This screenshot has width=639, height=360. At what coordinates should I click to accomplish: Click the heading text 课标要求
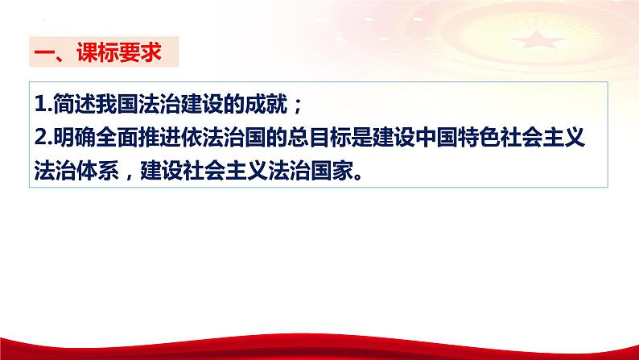pos(119,52)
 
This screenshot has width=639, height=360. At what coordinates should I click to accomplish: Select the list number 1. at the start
pos(43,104)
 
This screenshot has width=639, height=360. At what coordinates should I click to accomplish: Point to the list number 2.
pos(43,137)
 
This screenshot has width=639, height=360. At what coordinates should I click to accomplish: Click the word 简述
pos(75,104)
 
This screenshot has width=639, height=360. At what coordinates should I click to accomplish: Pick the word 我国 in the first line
pos(117,104)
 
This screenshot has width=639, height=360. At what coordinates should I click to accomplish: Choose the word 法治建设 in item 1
pos(180,104)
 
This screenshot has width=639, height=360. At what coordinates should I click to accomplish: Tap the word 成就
pos(266,104)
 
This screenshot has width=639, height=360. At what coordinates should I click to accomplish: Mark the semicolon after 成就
pos(298,106)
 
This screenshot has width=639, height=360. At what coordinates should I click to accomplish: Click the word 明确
pos(75,137)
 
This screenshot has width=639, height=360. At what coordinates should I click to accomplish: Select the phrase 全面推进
pos(138,137)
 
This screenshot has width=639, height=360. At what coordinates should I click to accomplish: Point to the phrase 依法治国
pos(223,137)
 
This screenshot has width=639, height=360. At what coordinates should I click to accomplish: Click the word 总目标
pos(319,137)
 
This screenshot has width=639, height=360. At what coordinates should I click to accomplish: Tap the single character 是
pos(361,137)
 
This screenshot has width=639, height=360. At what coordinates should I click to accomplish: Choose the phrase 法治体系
pos(76,170)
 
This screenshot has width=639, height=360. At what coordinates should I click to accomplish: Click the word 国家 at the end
pos(332,170)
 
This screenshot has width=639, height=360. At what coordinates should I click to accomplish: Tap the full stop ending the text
pos(358,177)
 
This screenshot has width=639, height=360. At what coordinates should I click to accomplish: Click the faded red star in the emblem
pos(538,39)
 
